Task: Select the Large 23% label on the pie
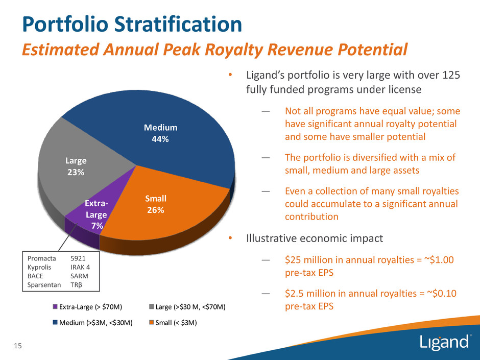pos(75,166)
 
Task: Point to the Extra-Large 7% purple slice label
pos(96,215)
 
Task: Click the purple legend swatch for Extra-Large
pos(55,306)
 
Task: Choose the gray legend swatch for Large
pos(152,306)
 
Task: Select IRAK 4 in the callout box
pos(80,267)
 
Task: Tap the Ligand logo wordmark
pos(445,342)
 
